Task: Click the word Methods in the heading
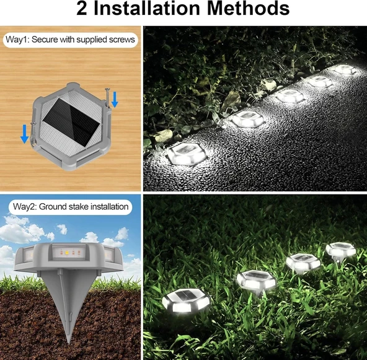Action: click(248, 9)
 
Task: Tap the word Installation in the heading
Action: click(146, 9)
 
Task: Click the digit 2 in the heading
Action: click(81, 9)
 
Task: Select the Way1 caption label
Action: click(71, 40)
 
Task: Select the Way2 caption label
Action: click(71, 207)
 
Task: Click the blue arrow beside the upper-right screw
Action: click(115, 99)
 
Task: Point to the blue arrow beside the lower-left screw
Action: click(24, 134)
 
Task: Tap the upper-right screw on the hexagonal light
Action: click(108, 98)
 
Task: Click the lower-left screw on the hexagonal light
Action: click(33, 134)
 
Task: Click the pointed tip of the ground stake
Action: click(68, 343)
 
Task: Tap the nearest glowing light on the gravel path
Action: click(187, 153)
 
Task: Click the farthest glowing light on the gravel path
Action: click(345, 69)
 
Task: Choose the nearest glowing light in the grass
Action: click(187, 301)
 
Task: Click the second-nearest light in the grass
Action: click(256, 280)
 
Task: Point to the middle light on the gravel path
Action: click(290, 96)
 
